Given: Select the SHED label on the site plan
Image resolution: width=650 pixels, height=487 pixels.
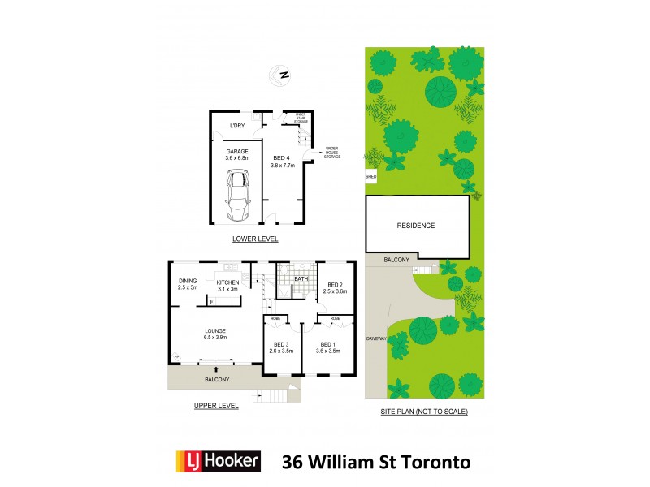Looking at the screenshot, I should (x=371, y=176).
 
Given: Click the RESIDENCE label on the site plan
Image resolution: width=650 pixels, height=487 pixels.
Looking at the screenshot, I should (x=416, y=226).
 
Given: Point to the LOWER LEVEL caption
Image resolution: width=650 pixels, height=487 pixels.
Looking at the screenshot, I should (x=255, y=239).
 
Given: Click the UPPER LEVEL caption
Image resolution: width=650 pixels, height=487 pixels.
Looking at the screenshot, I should (x=216, y=406).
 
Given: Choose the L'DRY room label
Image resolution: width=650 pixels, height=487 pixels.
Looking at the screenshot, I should (x=237, y=126).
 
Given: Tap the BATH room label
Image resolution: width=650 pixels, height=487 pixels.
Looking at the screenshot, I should (x=301, y=279).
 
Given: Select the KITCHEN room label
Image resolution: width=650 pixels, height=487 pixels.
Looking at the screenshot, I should (x=227, y=283).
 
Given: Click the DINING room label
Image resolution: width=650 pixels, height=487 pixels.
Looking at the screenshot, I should (x=188, y=283).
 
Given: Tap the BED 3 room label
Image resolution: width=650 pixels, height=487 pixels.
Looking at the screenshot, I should (x=281, y=346).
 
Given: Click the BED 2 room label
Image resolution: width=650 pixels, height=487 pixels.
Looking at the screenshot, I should (x=335, y=287).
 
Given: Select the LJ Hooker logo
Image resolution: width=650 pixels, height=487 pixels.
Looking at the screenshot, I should (x=219, y=462).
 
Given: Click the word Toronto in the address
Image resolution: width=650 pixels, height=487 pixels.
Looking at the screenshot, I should (x=431, y=463).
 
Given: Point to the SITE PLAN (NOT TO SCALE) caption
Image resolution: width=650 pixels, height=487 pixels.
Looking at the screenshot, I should (x=424, y=412).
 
